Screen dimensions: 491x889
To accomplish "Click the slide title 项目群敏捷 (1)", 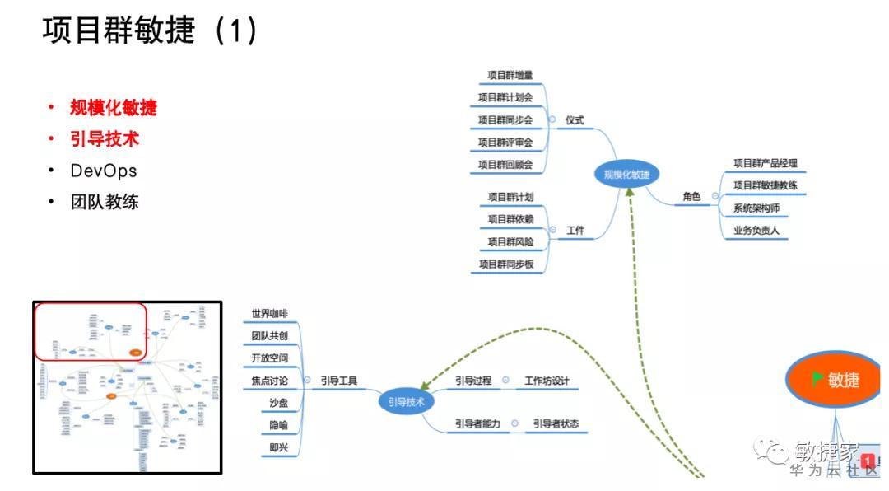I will [x=150, y=30].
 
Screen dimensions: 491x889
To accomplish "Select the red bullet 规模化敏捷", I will [x=113, y=107].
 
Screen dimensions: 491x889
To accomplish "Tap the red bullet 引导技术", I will [x=105, y=139].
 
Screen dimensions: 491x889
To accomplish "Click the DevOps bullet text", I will [x=104, y=171].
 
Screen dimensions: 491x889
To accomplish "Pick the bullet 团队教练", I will [x=105, y=202].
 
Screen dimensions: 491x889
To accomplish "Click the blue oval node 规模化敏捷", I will [x=626, y=174].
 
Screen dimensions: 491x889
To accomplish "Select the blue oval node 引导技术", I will [x=406, y=402].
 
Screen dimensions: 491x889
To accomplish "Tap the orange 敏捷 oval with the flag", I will [x=834, y=380].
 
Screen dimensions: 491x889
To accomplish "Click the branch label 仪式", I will [x=575, y=120].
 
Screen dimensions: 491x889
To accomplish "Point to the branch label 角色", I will [x=691, y=197].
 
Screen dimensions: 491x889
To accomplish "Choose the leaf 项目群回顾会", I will [x=505, y=165].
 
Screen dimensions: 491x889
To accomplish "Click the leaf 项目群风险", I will [x=510, y=242].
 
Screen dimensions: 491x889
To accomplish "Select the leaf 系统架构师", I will [x=756, y=208].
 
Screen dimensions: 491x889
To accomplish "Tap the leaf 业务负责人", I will [x=756, y=231].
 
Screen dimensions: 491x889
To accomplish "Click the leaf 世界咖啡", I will [x=270, y=314].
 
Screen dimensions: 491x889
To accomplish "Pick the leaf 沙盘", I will [x=278, y=403].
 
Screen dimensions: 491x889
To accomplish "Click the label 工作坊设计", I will [x=547, y=381].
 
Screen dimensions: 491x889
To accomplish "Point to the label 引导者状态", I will [x=555, y=424].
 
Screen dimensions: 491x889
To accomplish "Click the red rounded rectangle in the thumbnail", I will [x=91, y=331].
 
